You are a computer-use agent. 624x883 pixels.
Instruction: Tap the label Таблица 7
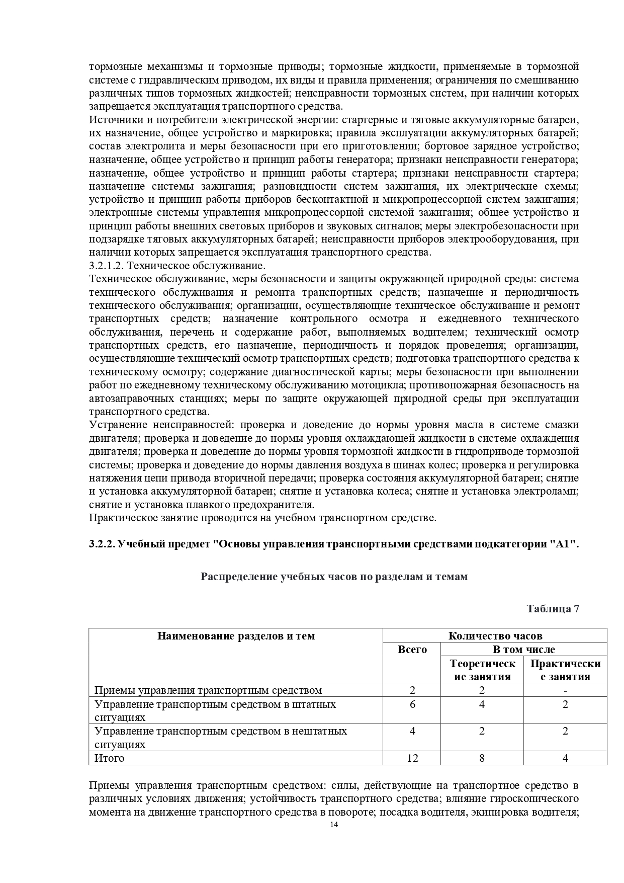pos(553,608)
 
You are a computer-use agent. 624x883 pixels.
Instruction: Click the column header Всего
pos(412,649)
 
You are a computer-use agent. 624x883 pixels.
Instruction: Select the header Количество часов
pos(495,635)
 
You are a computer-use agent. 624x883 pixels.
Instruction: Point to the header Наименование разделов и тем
pos(236,635)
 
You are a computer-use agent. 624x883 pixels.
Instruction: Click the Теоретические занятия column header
pos(482,670)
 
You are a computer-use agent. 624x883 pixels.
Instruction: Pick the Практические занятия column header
pos(565,670)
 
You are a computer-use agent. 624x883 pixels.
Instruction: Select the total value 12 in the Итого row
pos(412,758)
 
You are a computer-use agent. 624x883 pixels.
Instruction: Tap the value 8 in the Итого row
pos(482,758)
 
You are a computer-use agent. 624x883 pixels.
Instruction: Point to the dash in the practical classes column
pos(565,690)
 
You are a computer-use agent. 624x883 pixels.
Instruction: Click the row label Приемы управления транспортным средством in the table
pos(208,690)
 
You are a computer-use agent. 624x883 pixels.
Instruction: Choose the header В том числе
pos(523,649)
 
